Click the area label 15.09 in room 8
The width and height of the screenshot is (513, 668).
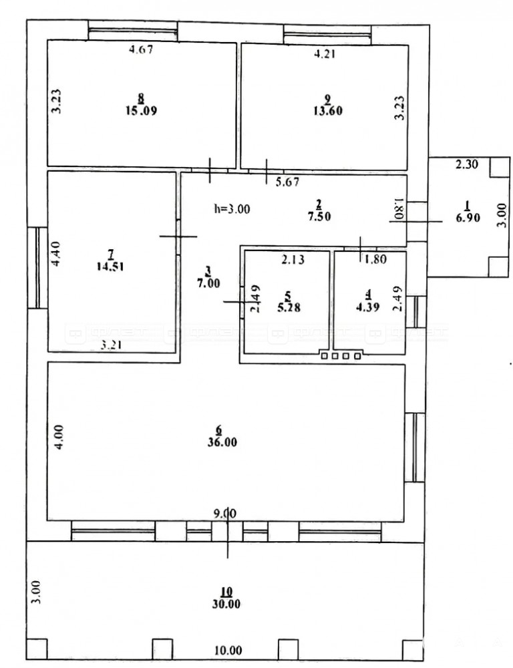click(142, 111)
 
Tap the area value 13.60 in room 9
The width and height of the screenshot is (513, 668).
click(327, 111)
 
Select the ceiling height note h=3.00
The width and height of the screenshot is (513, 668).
click(232, 209)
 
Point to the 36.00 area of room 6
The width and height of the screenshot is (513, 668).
click(222, 442)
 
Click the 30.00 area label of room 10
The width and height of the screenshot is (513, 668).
click(226, 604)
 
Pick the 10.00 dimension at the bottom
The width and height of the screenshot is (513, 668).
click(228, 651)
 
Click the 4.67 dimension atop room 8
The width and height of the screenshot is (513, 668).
click(141, 49)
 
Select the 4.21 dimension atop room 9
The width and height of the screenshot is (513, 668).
click(325, 53)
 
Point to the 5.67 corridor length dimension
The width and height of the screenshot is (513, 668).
click(288, 182)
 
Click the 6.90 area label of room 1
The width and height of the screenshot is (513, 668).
click(468, 218)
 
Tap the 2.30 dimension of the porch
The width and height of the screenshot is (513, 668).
click(467, 164)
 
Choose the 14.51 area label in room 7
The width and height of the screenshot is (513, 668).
click(110, 267)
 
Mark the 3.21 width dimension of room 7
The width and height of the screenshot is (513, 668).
click(111, 345)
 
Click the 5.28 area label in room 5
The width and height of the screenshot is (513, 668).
click(289, 307)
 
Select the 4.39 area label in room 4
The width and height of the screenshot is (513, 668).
click(367, 307)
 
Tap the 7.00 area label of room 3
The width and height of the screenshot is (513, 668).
click(208, 283)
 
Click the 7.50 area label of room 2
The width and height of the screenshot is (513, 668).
click(319, 216)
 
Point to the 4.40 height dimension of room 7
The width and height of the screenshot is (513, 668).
click(56, 254)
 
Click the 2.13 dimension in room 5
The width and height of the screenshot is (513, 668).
click(293, 259)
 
